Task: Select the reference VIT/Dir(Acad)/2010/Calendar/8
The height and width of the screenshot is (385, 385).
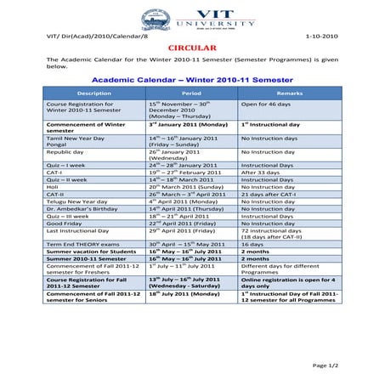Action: (82, 36)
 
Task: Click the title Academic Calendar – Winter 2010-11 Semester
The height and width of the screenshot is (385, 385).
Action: (191, 77)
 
